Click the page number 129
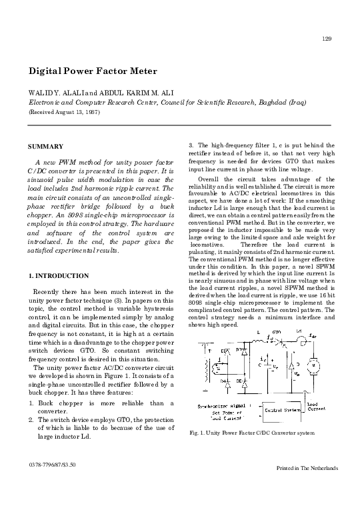(x=327, y=39)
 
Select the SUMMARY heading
(x=45, y=146)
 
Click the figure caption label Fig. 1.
(x=197, y=433)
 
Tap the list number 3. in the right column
(x=192, y=145)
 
